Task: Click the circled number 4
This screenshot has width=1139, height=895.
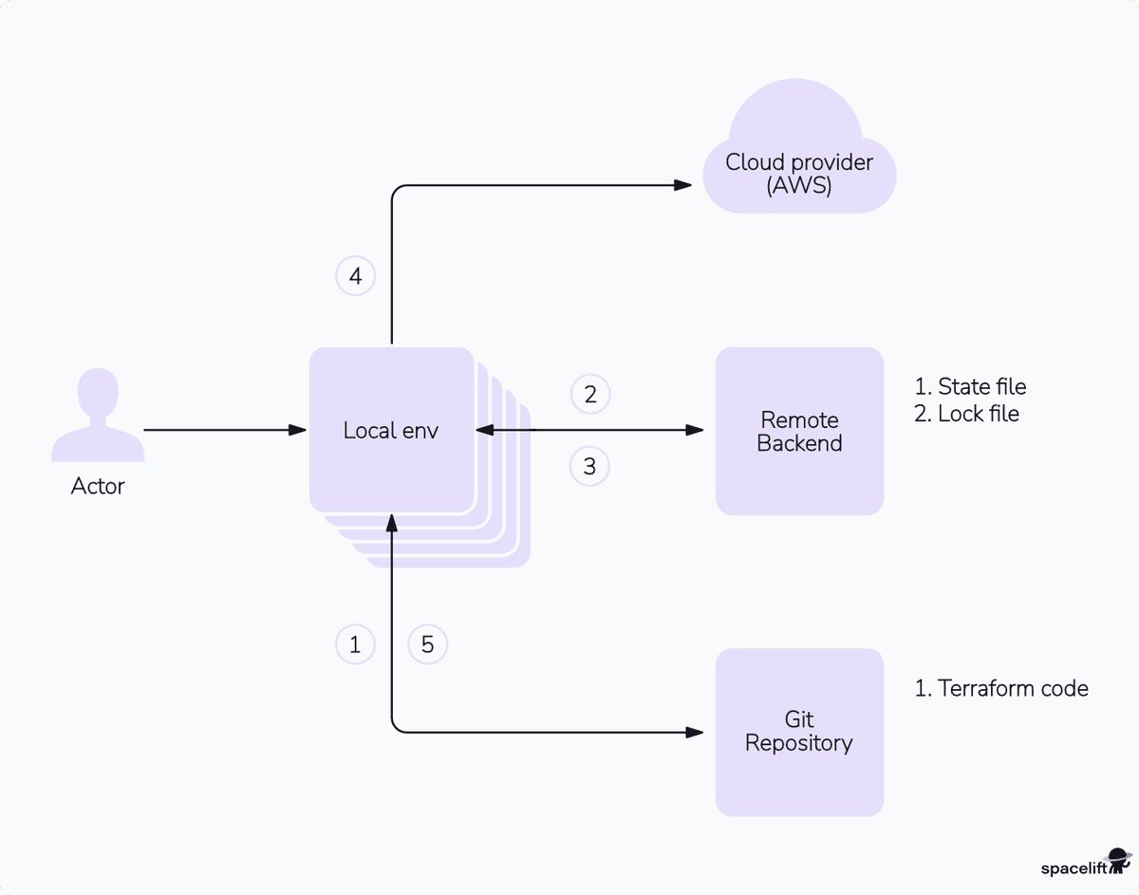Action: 356,277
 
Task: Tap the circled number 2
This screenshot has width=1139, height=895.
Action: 590,394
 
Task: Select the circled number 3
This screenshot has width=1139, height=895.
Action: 590,466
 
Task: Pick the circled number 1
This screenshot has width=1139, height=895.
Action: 356,644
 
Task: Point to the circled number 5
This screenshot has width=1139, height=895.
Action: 427,644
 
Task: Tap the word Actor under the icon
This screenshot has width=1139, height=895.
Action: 98,487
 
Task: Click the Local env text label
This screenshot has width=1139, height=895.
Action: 391,431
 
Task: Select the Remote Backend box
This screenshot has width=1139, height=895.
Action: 799,431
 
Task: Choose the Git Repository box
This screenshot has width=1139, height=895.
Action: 799,732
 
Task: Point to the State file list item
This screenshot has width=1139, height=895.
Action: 970,387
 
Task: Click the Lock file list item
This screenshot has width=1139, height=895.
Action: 966,414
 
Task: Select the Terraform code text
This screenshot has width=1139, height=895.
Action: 1001,689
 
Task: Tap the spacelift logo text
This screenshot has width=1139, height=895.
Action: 1074,867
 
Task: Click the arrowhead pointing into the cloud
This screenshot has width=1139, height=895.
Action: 682,185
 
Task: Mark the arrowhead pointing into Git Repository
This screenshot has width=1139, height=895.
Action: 694,732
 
